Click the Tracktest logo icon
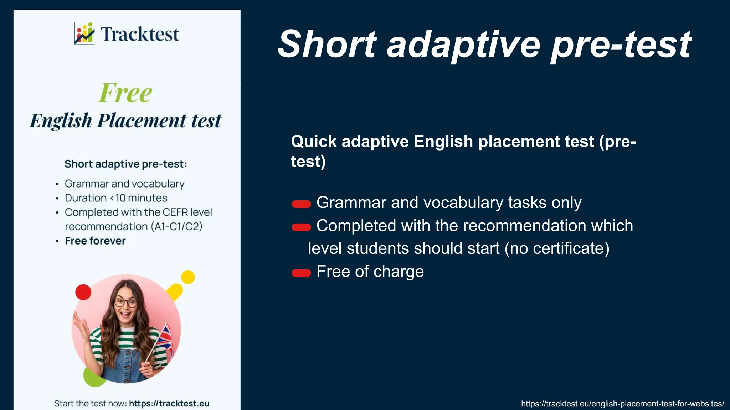coord(84,33)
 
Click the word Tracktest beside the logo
coord(140,35)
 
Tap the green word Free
coord(125,93)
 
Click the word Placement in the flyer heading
coord(142,121)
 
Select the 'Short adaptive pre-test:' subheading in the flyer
coord(125,164)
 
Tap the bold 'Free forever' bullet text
coord(95,241)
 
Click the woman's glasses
coord(125,303)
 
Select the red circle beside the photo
coord(83,292)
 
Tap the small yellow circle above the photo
coord(188,277)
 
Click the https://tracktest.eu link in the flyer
coord(169,404)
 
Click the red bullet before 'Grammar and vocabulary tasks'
coord(301,204)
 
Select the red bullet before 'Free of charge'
coord(301,273)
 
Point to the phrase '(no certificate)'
coord(557,248)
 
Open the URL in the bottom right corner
coord(622,404)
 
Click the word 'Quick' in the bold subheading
coord(314,142)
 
